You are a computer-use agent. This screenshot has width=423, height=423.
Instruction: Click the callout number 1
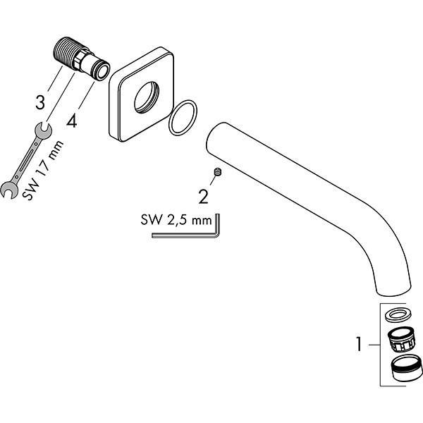point(359,345)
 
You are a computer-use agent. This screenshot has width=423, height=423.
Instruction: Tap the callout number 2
point(203,195)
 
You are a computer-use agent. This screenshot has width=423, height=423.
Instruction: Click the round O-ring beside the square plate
point(183,117)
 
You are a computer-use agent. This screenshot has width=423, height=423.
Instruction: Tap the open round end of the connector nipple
point(102,69)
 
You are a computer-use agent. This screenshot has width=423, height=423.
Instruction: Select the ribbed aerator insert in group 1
point(401,341)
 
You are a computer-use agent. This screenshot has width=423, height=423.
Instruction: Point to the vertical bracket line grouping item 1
point(381,345)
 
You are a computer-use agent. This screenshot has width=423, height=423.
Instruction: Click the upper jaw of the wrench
point(39,128)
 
